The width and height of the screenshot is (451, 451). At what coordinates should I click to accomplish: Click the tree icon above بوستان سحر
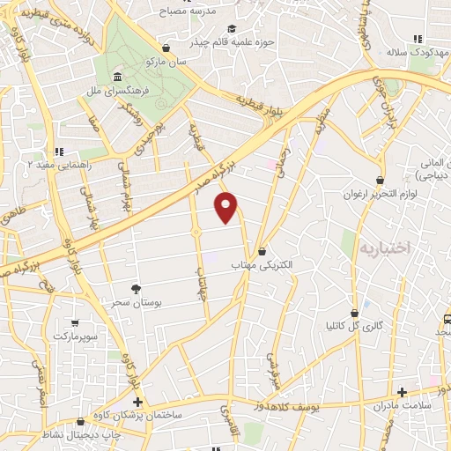click(x=136, y=288)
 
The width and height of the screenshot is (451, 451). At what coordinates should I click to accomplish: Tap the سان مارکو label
click(x=166, y=63)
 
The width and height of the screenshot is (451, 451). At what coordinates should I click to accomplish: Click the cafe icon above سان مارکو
click(x=166, y=49)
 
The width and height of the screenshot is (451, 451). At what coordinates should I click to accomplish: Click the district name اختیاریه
click(x=385, y=248)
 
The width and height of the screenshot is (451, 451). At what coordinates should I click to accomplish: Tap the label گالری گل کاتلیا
click(x=355, y=326)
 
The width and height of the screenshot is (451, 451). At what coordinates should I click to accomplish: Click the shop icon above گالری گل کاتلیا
click(x=355, y=313)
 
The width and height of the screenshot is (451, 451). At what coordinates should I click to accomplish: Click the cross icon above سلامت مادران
click(x=403, y=392)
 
